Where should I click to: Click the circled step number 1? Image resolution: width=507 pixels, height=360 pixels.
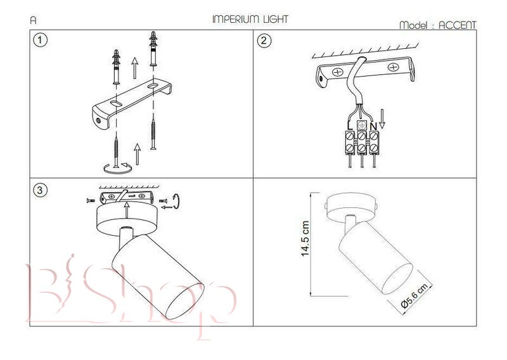pyautogui.click(x=40, y=40)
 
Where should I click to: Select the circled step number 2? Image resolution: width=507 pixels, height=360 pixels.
pyautogui.click(x=264, y=41)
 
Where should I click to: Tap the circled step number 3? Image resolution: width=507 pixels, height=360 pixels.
pyautogui.click(x=40, y=190)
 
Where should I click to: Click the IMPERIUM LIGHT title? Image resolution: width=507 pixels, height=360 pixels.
pyautogui.click(x=250, y=20)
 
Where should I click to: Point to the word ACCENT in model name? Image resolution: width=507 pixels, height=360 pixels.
pyautogui.click(x=457, y=25)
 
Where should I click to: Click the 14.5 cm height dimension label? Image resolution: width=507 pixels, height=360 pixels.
pyautogui.click(x=305, y=239)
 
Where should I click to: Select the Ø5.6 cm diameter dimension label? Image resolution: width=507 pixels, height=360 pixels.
pyautogui.click(x=414, y=294)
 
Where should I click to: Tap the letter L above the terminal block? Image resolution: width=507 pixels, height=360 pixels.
pyautogui.click(x=350, y=126)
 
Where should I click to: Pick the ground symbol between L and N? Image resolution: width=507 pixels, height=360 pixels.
pyautogui.click(x=361, y=125)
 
